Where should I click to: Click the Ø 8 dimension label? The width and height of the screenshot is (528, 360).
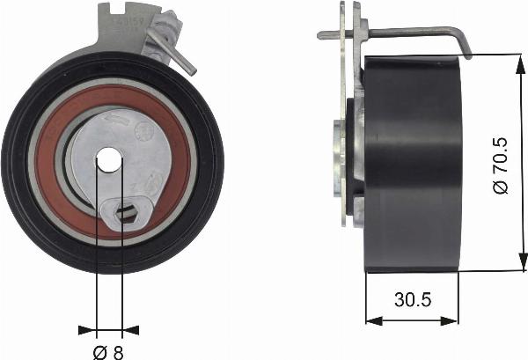(x=108, y=350)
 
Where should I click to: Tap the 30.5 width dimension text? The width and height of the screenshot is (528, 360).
(x=413, y=299)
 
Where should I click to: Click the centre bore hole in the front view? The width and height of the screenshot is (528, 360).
(x=108, y=159)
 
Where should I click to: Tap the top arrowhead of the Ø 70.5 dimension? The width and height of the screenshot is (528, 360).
(x=512, y=59)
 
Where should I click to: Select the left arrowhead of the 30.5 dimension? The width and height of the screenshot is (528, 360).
(x=370, y=320)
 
